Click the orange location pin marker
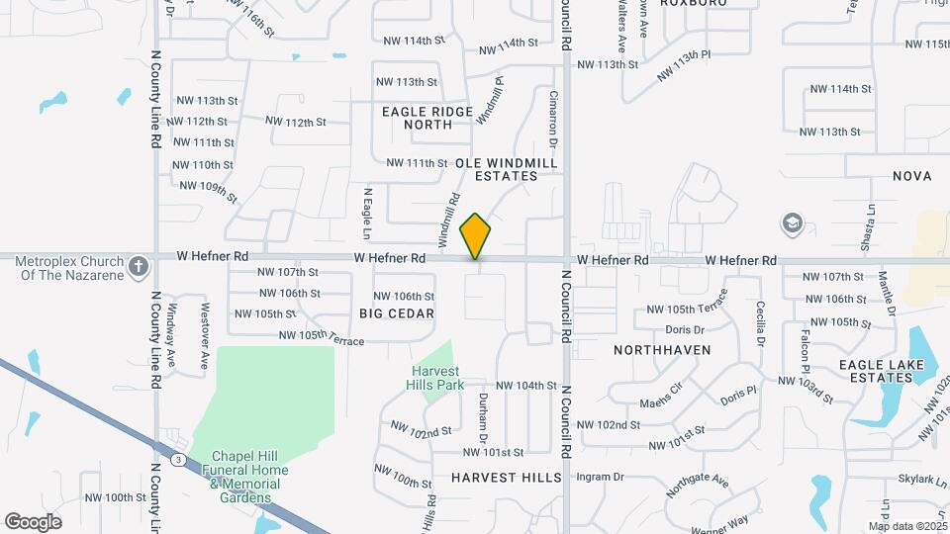tap(476, 236)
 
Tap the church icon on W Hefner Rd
tap(140, 265)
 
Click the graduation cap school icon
tap(792, 222)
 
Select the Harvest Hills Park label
tap(437, 378)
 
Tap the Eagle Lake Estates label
tap(882, 371)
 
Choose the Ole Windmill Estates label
tap(507, 169)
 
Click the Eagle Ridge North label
tap(428, 118)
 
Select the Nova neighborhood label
tap(911, 176)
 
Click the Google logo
tap(33, 521)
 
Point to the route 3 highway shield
tap(177, 459)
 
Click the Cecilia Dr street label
tap(760, 323)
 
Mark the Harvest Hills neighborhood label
tap(507, 477)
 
